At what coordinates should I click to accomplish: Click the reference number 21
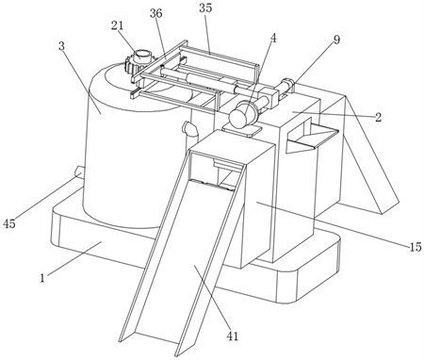click(x=117, y=26)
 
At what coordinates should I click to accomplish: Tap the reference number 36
click(x=156, y=13)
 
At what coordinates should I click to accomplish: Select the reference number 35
click(x=205, y=8)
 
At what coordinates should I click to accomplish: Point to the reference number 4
click(x=273, y=38)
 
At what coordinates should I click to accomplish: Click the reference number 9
click(x=336, y=40)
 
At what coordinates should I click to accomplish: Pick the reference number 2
click(x=378, y=117)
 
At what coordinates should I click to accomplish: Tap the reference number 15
click(x=415, y=247)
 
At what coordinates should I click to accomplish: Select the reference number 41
click(x=232, y=336)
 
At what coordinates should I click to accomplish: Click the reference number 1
click(x=42, y=278)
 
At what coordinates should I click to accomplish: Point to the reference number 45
click(x=9, y=223)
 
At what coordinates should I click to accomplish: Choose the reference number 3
click(x=61, y=46)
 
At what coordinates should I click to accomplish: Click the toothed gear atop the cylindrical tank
click(x=132, y=67)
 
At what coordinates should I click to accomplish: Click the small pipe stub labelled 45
click(x=79, y=172)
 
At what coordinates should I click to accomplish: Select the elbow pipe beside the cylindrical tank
click(x=189, y=129)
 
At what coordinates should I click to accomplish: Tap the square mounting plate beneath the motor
click(x=242, y=129)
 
